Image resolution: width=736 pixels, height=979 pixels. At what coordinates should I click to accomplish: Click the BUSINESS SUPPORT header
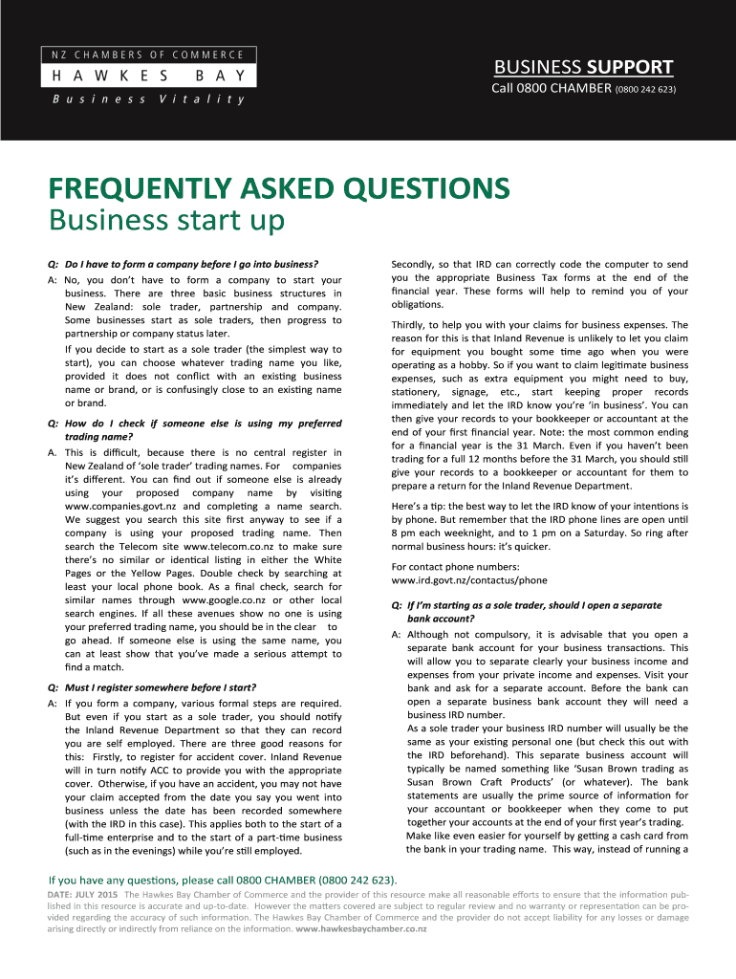point(583,67)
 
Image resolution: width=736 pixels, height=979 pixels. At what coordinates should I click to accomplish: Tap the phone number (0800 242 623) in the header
point(646,90)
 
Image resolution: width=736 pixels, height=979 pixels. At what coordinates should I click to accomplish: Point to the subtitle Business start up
point(167,222)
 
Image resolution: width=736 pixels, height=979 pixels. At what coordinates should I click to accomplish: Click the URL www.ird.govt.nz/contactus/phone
point(469,580)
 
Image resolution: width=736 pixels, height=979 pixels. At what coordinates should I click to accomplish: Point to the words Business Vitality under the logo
point(147,99)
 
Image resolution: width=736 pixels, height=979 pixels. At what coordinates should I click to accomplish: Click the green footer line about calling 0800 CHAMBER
point(224,880)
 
